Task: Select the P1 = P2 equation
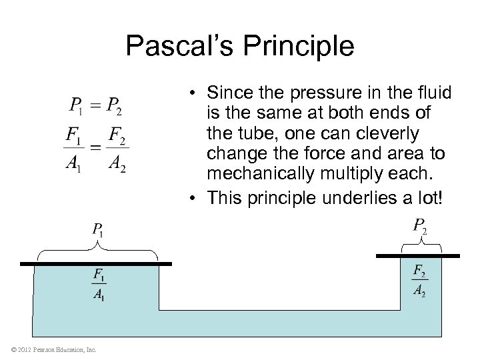tap(95, 105)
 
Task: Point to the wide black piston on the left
tap(96, 264)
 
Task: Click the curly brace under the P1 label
tap(97, 251)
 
